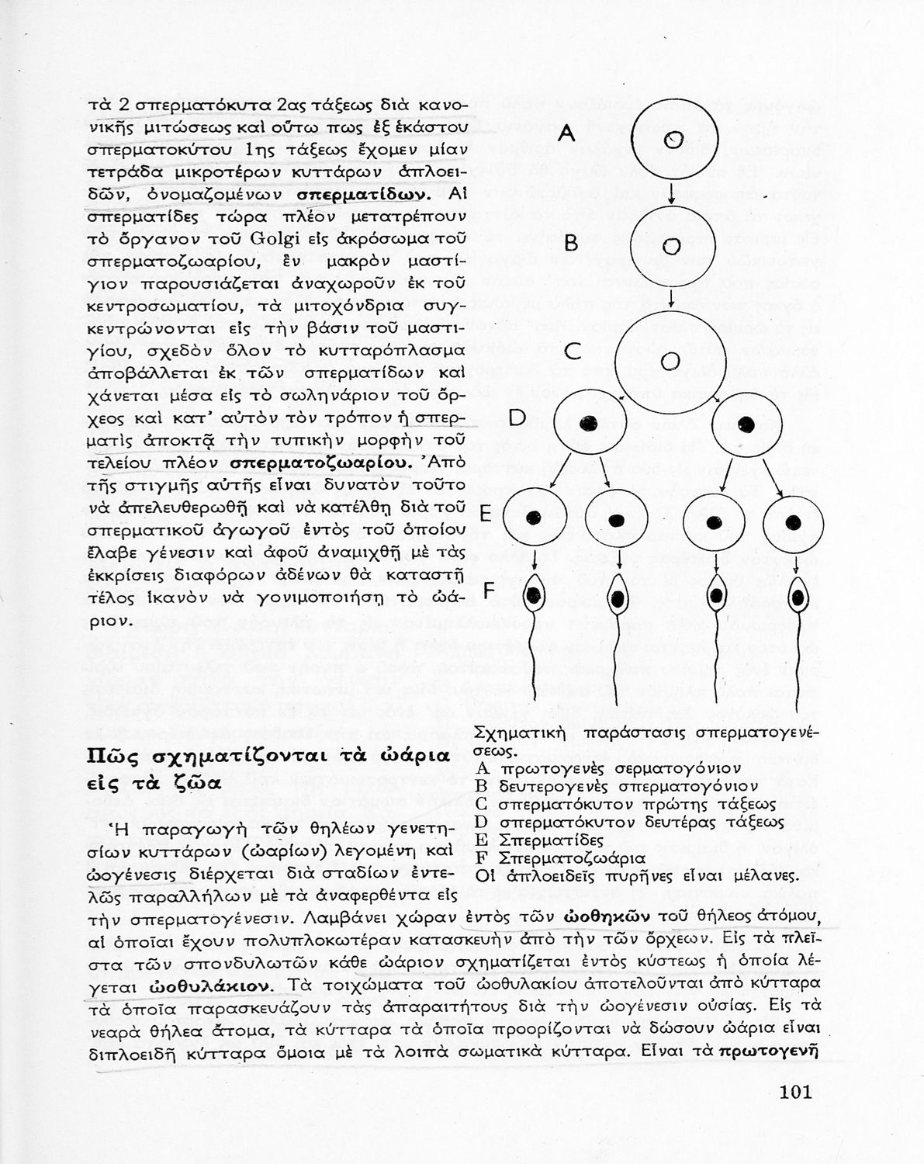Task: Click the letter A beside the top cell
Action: [567, 133]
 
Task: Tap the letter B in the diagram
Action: [571, 244]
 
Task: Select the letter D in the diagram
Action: [517, 419]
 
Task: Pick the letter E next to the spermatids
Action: [486, 514]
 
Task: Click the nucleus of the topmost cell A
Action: [674, 140]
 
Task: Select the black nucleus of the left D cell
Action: [588, 423]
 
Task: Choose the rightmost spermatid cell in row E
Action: [793, 521]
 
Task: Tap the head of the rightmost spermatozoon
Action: [797, 598]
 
